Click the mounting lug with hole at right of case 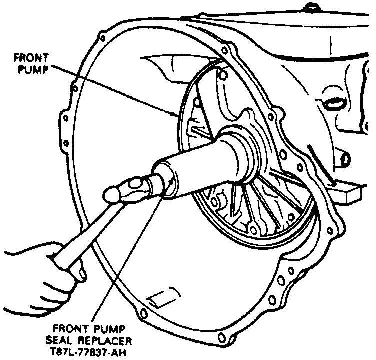pyautogui.click(x=345, y=159)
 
